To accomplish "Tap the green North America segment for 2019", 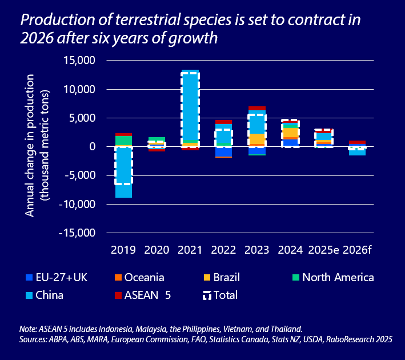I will click(123, 140).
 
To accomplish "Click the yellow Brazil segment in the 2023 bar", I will click(257, 139).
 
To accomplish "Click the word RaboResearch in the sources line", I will click(344, 339).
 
